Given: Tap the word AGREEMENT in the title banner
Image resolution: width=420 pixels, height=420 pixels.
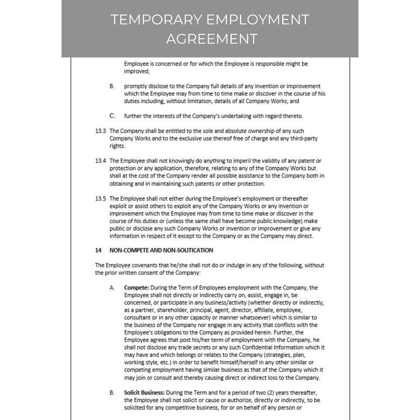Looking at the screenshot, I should pos(212,39).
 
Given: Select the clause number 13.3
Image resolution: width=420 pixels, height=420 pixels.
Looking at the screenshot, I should pos(100,131).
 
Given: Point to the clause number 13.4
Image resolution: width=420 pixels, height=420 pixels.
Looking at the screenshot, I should pos(100,161).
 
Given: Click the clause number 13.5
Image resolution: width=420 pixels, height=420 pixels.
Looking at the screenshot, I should pos(100,199).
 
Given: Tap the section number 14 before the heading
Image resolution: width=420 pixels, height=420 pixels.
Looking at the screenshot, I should pos(98,250).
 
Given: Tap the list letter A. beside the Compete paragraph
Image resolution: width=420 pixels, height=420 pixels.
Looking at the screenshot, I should pos(112,288).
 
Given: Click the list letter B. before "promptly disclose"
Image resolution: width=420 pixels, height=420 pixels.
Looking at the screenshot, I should pos(112,86).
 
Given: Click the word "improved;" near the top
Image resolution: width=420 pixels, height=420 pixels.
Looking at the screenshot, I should pos(137,71).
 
